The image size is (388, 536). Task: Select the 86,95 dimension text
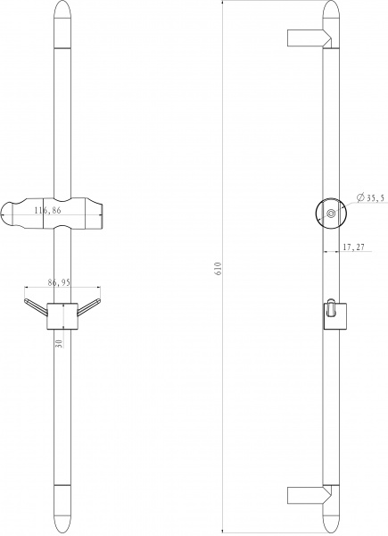coord(60,282)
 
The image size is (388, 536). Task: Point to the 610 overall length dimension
coord(216,267)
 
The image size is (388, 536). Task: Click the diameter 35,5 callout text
coord(370,198)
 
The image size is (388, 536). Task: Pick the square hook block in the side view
coord(332,314)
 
